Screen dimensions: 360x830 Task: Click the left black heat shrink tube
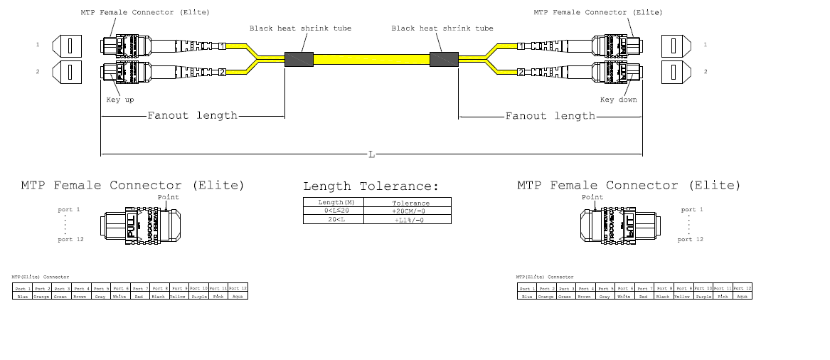pos(299,59)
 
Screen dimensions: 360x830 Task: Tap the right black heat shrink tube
pos(443,59)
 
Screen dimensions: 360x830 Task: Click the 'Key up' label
pos(120,100)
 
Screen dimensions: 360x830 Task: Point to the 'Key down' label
pos(618,100)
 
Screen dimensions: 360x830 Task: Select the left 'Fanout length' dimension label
pos(192,115)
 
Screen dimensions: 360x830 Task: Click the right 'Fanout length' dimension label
pos(550,115)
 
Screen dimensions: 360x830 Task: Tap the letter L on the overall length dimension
pos(371,154)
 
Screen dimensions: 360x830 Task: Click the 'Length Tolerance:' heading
pos(371,186)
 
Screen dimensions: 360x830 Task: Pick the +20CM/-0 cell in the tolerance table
pos(411,211)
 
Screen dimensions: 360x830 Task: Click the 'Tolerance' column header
pos(411,203)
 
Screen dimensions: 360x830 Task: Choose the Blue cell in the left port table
pos(22,296)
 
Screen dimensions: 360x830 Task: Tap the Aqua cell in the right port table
pos(742,296)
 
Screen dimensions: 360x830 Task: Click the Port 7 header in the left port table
pos(139,288)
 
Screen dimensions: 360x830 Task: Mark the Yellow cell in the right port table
pos(682,296)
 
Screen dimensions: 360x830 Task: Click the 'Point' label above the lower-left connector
pos(168,197)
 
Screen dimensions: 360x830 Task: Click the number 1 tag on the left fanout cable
pos(222,46)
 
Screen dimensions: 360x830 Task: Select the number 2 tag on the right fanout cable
pos(521,72)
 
